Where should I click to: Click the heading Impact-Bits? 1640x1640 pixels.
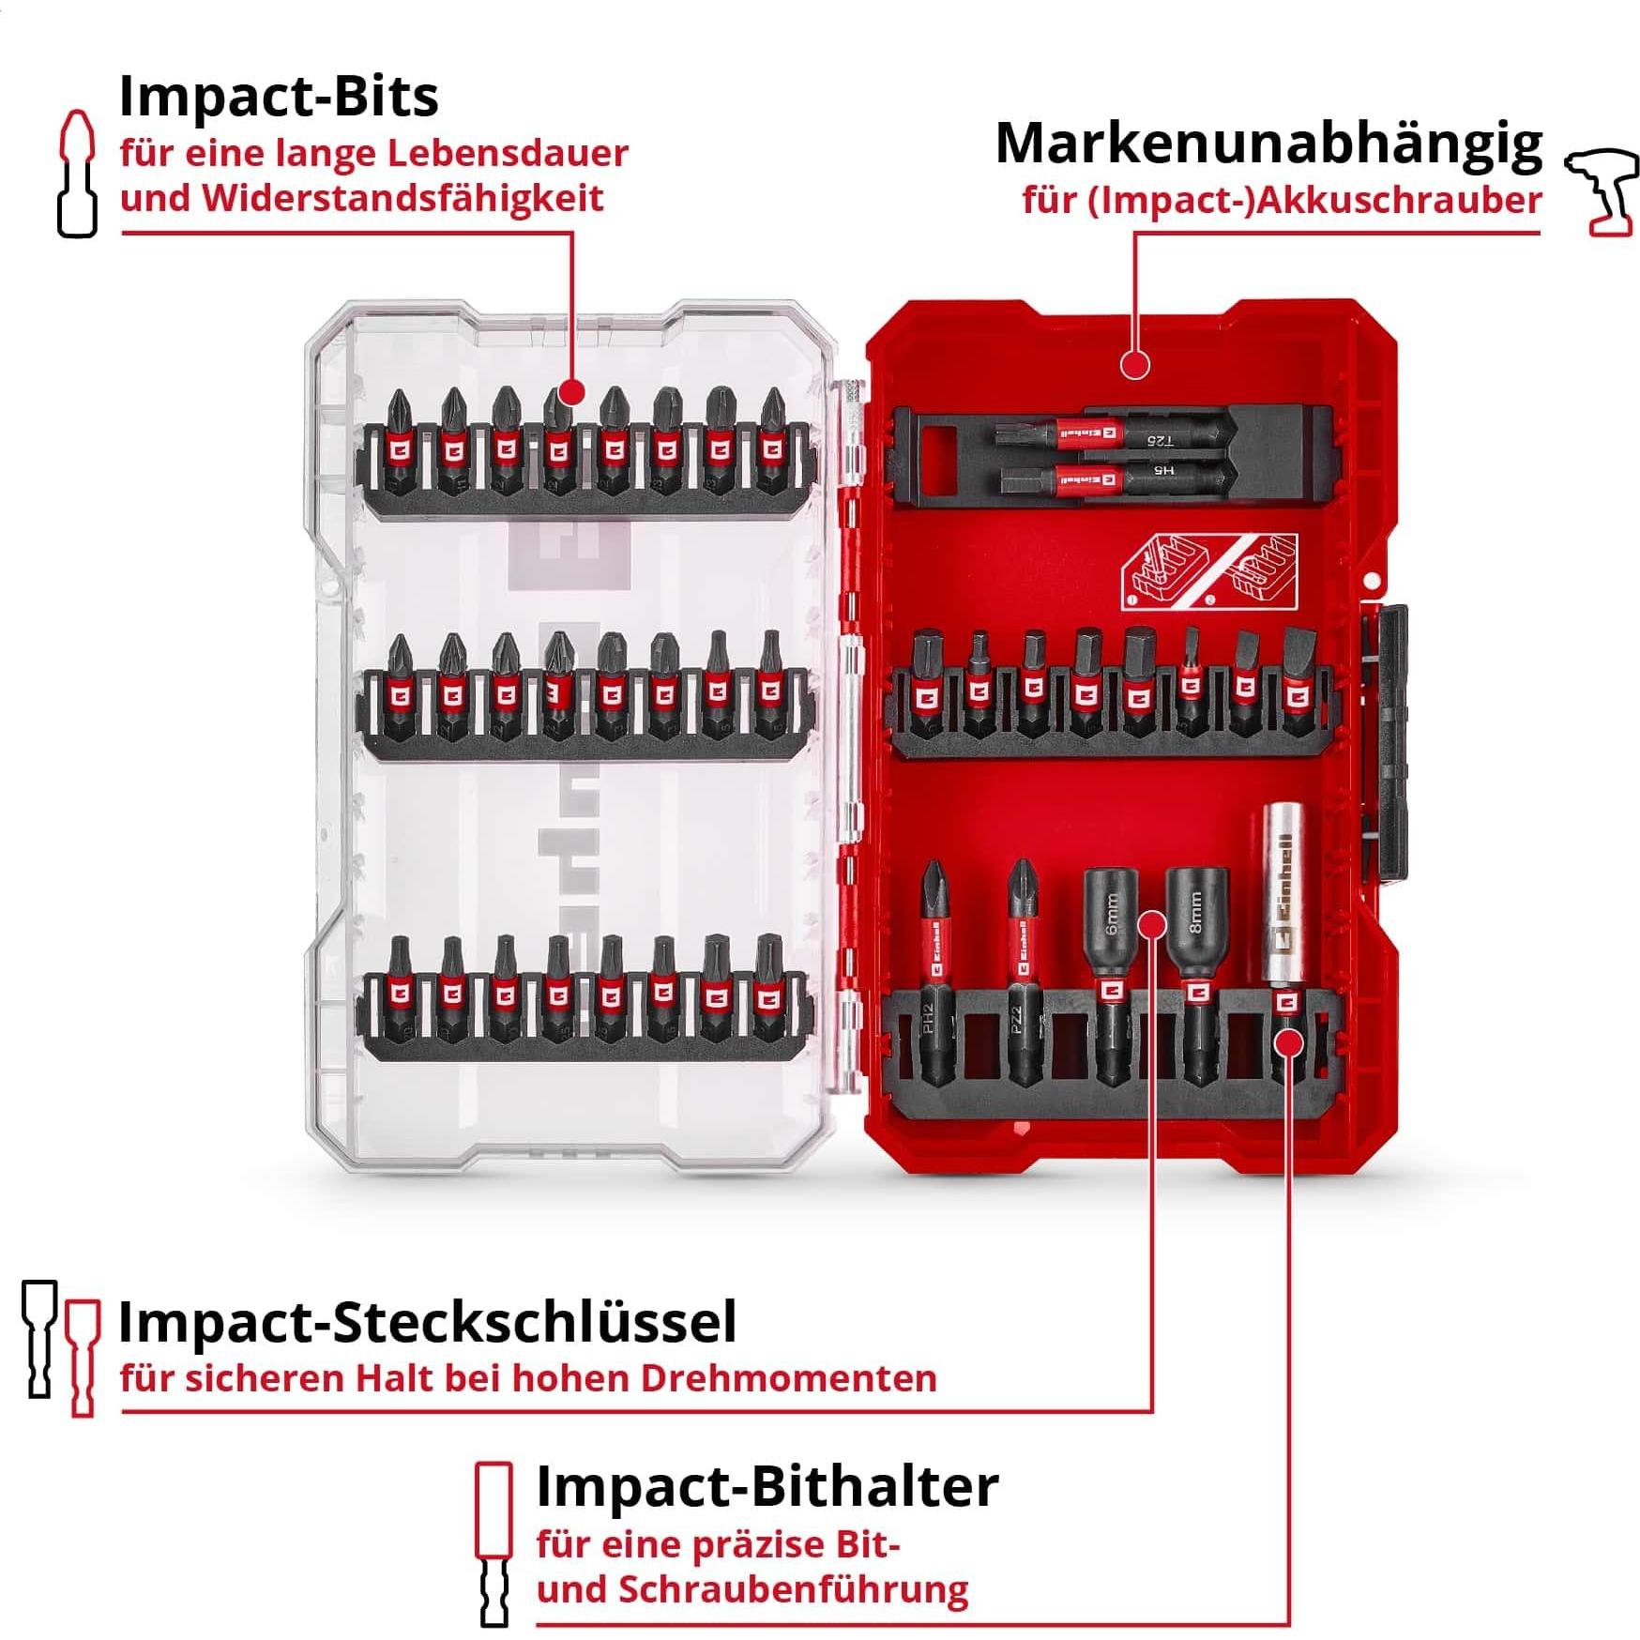[x=279, y=96]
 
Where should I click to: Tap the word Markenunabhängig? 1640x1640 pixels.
[x=1268, y=144]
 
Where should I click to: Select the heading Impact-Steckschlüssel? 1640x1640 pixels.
[x=427, y=1323]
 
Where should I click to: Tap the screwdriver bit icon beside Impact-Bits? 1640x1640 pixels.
[x=77, y=175]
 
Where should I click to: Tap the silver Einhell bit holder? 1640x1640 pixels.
[x=1283, y=901]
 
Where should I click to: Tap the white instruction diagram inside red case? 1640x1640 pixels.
[x=1209, y=571]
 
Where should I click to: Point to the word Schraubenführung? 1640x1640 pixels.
[x=793, y=1590]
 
